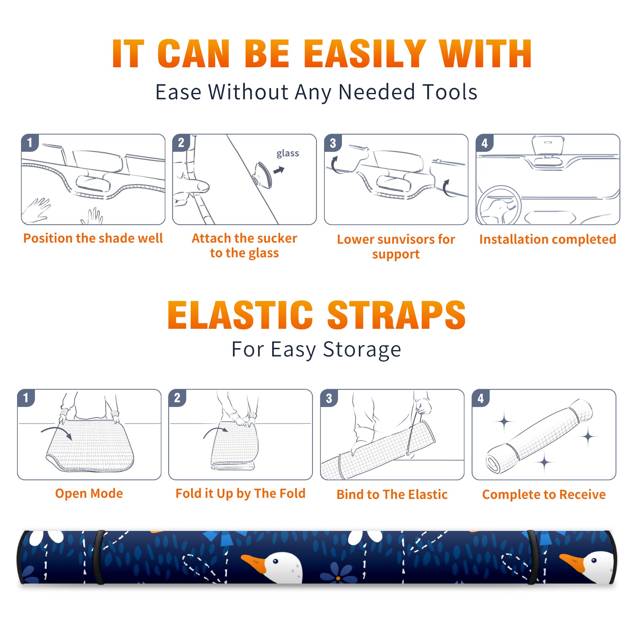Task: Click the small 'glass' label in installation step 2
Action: pos(288,154)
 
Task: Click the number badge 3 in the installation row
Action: pos(333,143)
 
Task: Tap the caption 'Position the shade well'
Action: pos(93,238)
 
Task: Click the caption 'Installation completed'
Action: pos(548,239)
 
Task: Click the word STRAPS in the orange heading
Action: pos(396,315)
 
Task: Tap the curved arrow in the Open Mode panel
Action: pos(57,432)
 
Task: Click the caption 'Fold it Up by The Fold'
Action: pos(241,494)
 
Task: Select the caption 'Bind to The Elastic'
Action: pos(392,495)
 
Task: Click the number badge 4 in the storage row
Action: pos(481,398)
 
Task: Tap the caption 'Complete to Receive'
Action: pos(544,495)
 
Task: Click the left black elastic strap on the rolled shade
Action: pos(98,557)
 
